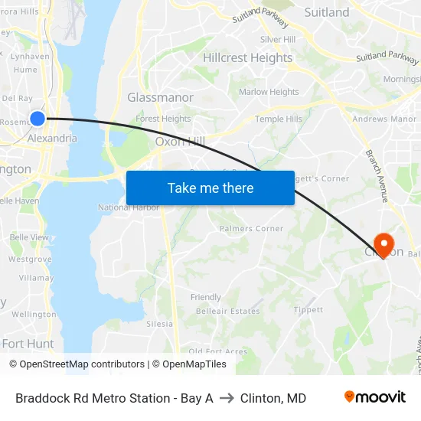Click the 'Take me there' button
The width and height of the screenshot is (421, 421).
pyautogui.click(x=210, y=188)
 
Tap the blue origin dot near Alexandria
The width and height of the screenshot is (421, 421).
pyautogui.click(x=38, y=118)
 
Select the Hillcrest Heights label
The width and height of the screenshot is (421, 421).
pyautogui.click(x=247, y=57)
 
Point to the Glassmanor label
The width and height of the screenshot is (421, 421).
pyautogui.click(x=160, y=97)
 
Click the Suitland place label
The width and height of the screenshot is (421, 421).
pyautogui.click(x=327, y=12)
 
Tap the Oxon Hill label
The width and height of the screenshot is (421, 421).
pyautogui.click(x=180, y=141)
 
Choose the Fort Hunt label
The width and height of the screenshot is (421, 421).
pyautogui.click(x=28, y=344)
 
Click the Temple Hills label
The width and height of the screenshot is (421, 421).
pyautogui.click(x=279, y=119)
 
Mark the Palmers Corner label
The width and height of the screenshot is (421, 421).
pyautogui.click(x=251, y=228)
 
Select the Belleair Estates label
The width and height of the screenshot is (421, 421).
pyautogui.click(x=227, y=312)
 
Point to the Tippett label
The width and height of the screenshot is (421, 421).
pyautogui.click(x=308, y=310)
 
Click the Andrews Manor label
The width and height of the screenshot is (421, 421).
pyautogui.click(x=384, y=119)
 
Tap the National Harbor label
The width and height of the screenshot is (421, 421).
pyautogui.click(x=129, y=207)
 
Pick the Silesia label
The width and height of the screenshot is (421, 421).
pyautogui.click(x=159, y=324)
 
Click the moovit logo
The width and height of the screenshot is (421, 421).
pyautogui.click(x=375, y=397)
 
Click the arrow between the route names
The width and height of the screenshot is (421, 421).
pyautogui.click(x=227, y=398)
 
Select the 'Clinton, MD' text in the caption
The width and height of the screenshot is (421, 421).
pyautogui.click(x=273, y=398)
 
